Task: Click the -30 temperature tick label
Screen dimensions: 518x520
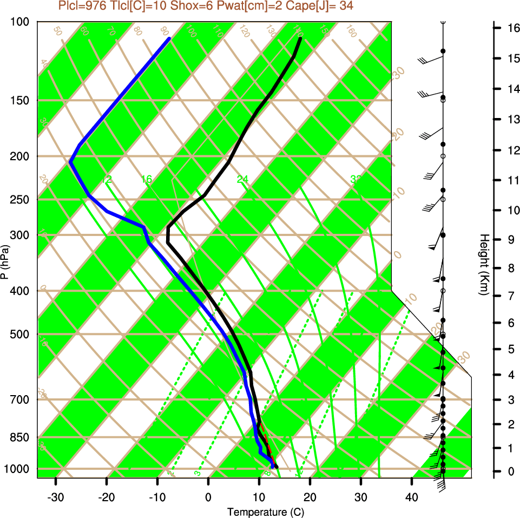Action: click(x=56, y=496)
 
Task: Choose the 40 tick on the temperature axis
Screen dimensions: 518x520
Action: click(x=411, y=496)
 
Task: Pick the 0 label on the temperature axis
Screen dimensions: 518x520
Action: click(x=208, y=496)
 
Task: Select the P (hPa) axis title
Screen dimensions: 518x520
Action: click(x=5, y=262)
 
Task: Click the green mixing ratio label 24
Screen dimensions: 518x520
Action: click(x=242, y=179)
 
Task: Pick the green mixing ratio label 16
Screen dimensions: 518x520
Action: click(x=147, y=179)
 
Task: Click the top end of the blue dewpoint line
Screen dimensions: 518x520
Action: click(x=169, y=39)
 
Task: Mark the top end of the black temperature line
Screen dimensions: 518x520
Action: click(x=300, y=38)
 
